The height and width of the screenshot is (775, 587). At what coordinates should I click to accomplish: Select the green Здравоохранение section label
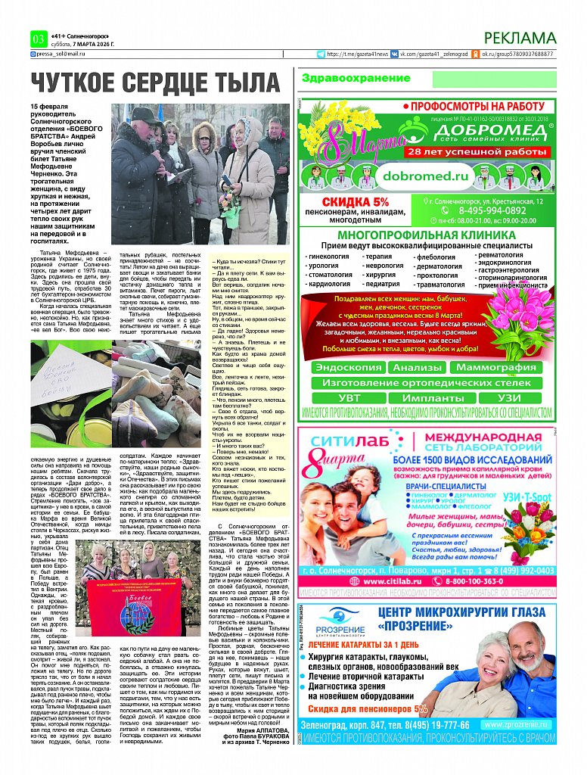click(x=345, y=78)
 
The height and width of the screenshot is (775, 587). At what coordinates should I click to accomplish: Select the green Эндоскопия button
click(x=348, y=368)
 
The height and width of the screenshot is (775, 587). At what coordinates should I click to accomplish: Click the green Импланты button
click(x=427, y=397)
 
